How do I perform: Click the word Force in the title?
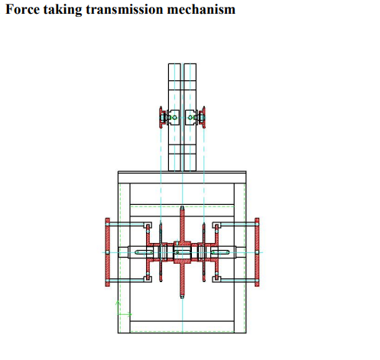click(x=23, y=9)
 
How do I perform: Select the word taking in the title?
click(x=63, y=10)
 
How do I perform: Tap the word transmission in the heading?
click(x=125, y=9)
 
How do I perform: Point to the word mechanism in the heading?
click(x=201, y=9)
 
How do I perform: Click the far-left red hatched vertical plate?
click(x=108, y=252)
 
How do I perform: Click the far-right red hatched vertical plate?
click(x=257, y=252)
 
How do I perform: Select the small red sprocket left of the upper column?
click(x=161, y=117)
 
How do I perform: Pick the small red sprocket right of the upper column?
click(x=203, y=117)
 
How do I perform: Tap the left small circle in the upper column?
click(x=174, y=118)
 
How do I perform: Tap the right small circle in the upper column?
click(x=190, y=118)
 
